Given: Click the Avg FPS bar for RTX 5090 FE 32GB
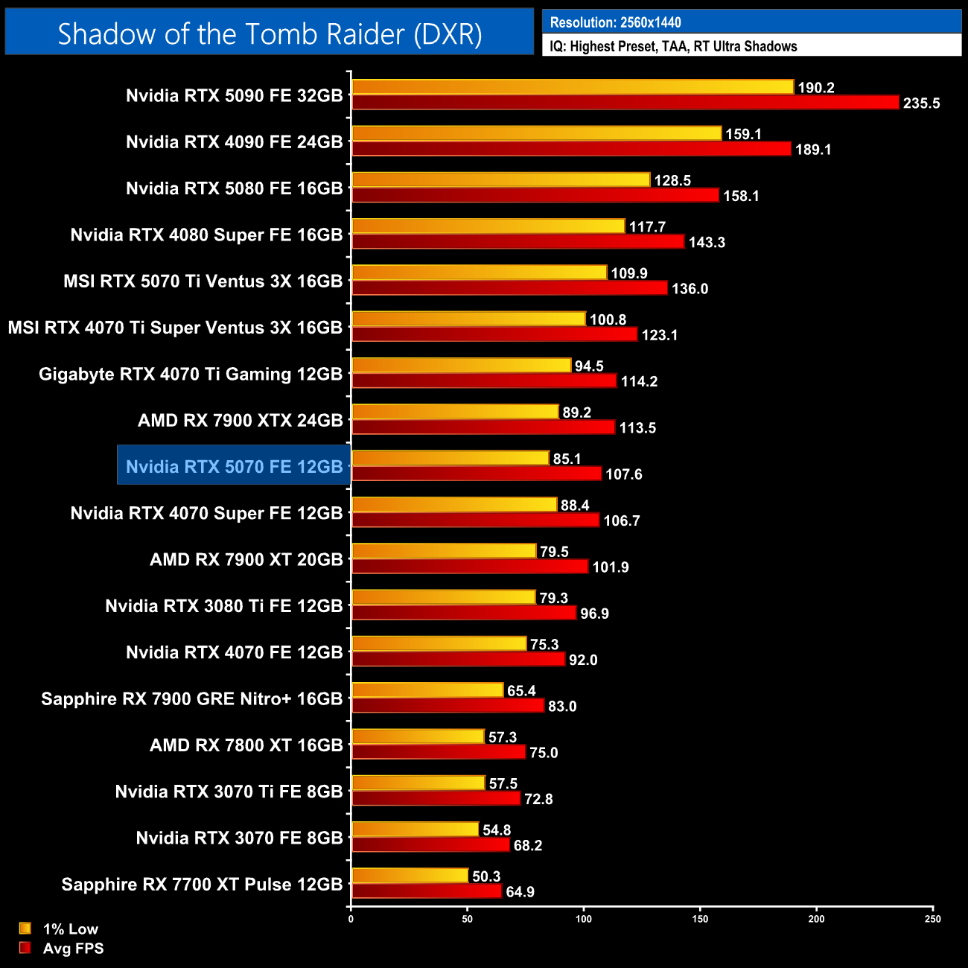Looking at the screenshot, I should click(x=625, y=103).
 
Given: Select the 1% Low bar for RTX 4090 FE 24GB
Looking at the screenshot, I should click(x=536, y=133).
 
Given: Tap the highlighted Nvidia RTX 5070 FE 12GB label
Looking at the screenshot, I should click(x=234, y=467).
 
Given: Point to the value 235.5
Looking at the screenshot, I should click(x=921, y=104).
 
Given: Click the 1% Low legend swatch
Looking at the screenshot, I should click(x=25, y=929).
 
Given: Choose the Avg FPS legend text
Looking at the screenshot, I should click(x=73, y=949).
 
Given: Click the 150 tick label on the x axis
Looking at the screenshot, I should click(x=700, y=919).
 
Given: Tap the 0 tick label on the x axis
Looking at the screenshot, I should click(x=351, y=919).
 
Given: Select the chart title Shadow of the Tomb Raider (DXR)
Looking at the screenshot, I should click(x=270, y=34).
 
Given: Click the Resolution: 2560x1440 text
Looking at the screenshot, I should click(x=615, y=22).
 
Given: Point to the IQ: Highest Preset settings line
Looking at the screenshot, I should click(x=673, y=46).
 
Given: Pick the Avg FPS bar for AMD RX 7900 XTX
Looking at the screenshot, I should click(x=483, y=427).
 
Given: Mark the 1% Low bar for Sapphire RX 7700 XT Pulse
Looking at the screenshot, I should click(x=410, y=876).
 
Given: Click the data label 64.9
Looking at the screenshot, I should click(x=520, y=892).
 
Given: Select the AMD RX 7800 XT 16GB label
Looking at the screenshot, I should click(x=246, y=745).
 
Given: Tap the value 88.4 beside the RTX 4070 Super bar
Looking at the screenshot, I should click(x=575, y=506).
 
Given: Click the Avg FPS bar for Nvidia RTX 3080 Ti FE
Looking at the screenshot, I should click(x=464, y=613).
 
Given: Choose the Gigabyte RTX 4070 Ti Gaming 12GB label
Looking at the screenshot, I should click(x=191, y=374).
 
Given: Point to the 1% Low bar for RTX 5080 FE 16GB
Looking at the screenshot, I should click(x=500, y=180).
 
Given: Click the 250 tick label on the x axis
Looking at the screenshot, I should click(x=932, y=919).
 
